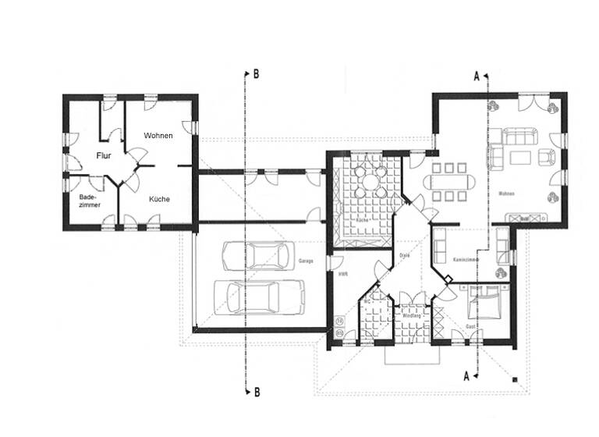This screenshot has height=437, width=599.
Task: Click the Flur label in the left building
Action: [x=104, y=156]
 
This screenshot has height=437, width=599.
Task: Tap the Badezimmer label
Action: [x=89, y=201]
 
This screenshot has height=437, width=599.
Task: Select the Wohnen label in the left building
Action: [x=158, y=135]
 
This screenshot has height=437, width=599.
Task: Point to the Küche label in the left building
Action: [x=158, y=199]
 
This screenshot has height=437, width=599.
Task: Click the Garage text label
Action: [x=306, y=261]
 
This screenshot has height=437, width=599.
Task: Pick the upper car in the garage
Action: [x=254, y=255]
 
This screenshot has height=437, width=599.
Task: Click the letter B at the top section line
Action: [x=255, y=75]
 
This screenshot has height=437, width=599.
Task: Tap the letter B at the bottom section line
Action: [x=255, y=392]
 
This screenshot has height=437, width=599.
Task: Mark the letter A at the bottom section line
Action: [x=467, y=375]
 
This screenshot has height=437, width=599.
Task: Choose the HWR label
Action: [x=342, y=273]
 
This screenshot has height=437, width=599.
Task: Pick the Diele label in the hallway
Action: [x=405, y=254]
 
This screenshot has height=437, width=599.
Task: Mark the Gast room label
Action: [x=470, y=325]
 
